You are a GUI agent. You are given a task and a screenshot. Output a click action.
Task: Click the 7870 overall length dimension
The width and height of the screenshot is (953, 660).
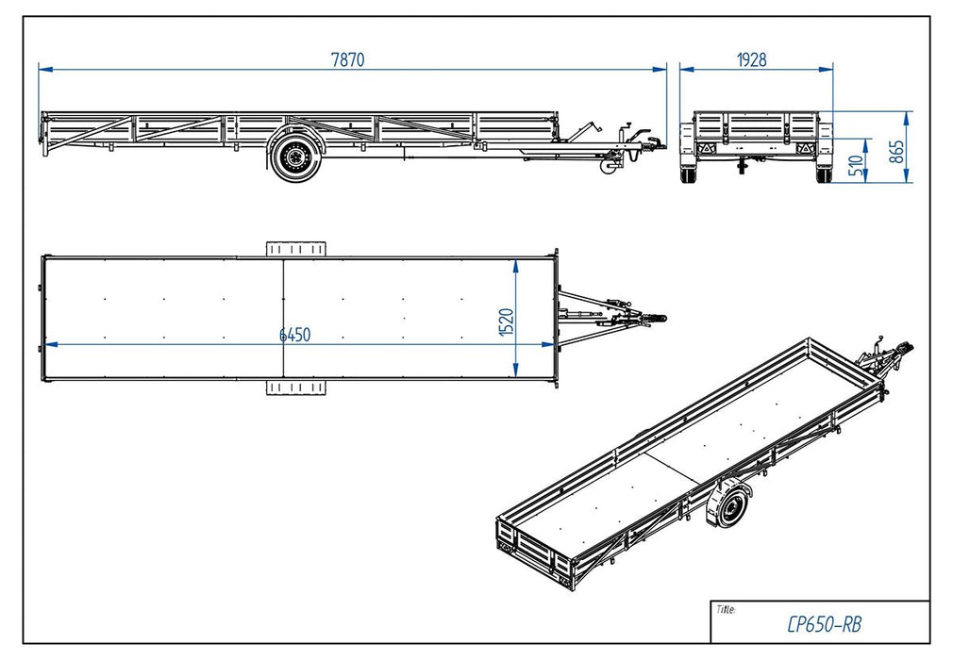pos(347,58)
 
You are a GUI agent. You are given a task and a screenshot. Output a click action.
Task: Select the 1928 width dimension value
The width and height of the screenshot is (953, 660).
pos(751,58)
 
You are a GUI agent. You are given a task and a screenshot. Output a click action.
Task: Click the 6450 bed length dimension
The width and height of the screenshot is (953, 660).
pos(294,335)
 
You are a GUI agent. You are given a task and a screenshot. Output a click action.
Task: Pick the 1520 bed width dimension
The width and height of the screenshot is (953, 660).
pos(506,321)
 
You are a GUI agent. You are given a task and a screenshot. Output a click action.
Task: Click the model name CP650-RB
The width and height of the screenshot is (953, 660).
pos(823,623)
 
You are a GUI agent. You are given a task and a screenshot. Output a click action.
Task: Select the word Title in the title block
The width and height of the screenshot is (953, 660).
pos(726,609)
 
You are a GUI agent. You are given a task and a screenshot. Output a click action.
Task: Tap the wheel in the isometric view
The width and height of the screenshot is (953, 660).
pos(729,507)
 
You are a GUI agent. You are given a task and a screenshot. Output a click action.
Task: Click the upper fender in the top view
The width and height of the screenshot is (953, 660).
pos(294,247)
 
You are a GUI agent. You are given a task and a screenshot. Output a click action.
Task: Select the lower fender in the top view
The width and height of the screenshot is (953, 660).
pos(294,388)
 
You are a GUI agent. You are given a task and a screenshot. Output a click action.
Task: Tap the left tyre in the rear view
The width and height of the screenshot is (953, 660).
pos(689,175)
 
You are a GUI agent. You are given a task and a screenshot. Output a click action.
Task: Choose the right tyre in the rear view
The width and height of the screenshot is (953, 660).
pos(824,175)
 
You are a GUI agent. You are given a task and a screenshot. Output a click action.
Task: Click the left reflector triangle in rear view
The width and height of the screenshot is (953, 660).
pos(706,149)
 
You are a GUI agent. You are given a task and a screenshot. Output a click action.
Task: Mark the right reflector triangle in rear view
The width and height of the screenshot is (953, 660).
pos(805,149)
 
